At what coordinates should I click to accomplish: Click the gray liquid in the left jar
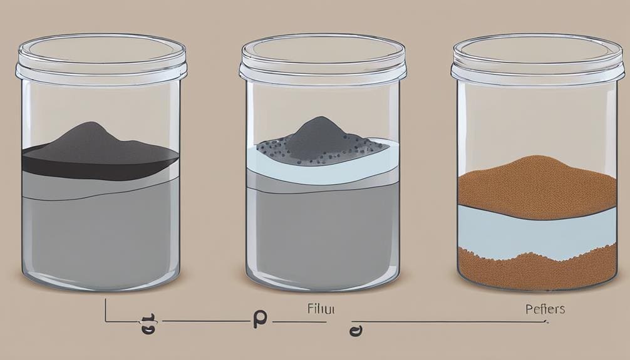(x=100, y=225)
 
